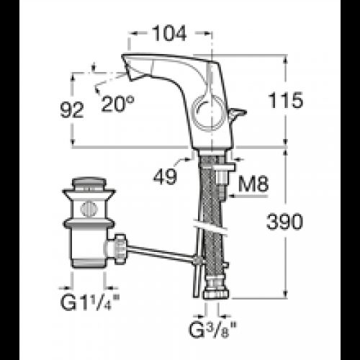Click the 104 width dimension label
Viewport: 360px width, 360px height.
tap(169, 33)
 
